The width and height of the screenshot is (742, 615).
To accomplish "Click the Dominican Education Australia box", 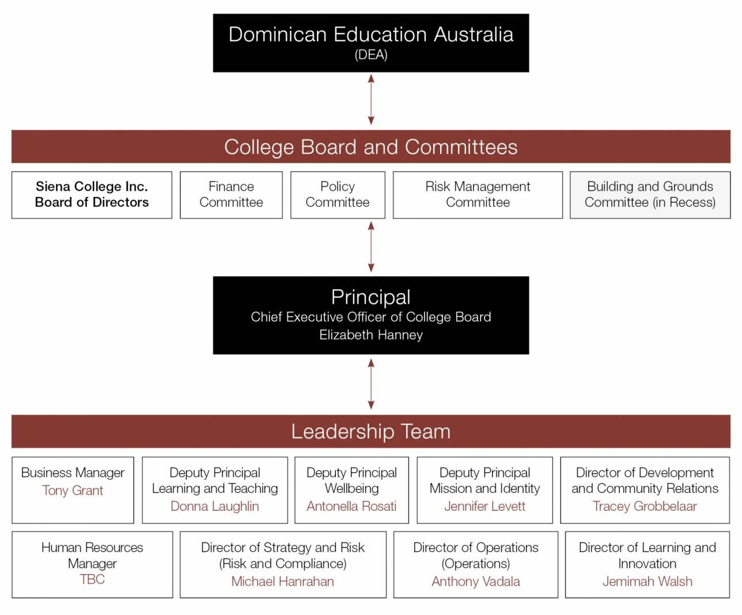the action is coord(370,43).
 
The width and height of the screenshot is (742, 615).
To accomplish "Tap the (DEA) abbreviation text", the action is coord(370,55).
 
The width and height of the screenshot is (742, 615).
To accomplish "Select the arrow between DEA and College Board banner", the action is coord(371,100).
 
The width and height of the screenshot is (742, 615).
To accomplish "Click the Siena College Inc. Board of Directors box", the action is coord(92,195).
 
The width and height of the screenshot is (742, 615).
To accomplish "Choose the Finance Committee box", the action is coord(232,195).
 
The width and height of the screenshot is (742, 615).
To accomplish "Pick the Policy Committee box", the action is coord(338,195).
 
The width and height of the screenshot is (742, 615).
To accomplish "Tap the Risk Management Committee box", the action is coord(478,195).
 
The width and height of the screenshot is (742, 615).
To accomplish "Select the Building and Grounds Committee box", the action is coord(650,195).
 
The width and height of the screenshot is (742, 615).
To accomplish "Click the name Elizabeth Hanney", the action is coord(371,335).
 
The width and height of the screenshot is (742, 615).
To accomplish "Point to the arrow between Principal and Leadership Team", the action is coord(371,384).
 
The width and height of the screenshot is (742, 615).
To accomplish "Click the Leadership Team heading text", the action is coord(370,431).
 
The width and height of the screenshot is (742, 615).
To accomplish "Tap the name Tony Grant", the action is coord(73,491).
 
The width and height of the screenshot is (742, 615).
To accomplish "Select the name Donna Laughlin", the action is coord(215,506).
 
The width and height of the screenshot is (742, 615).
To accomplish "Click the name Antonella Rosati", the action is coord(351,506).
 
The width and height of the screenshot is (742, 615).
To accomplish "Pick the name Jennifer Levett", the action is coord(484,506).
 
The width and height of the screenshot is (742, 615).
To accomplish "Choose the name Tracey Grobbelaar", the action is coord(645,506).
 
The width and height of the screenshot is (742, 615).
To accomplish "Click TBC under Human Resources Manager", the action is coord(92,579).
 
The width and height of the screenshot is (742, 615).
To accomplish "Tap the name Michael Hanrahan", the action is coord(282,582).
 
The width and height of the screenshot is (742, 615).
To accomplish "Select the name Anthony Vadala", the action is coord(476,582).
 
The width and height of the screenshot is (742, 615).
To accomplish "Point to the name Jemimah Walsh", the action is coord(648,582).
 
